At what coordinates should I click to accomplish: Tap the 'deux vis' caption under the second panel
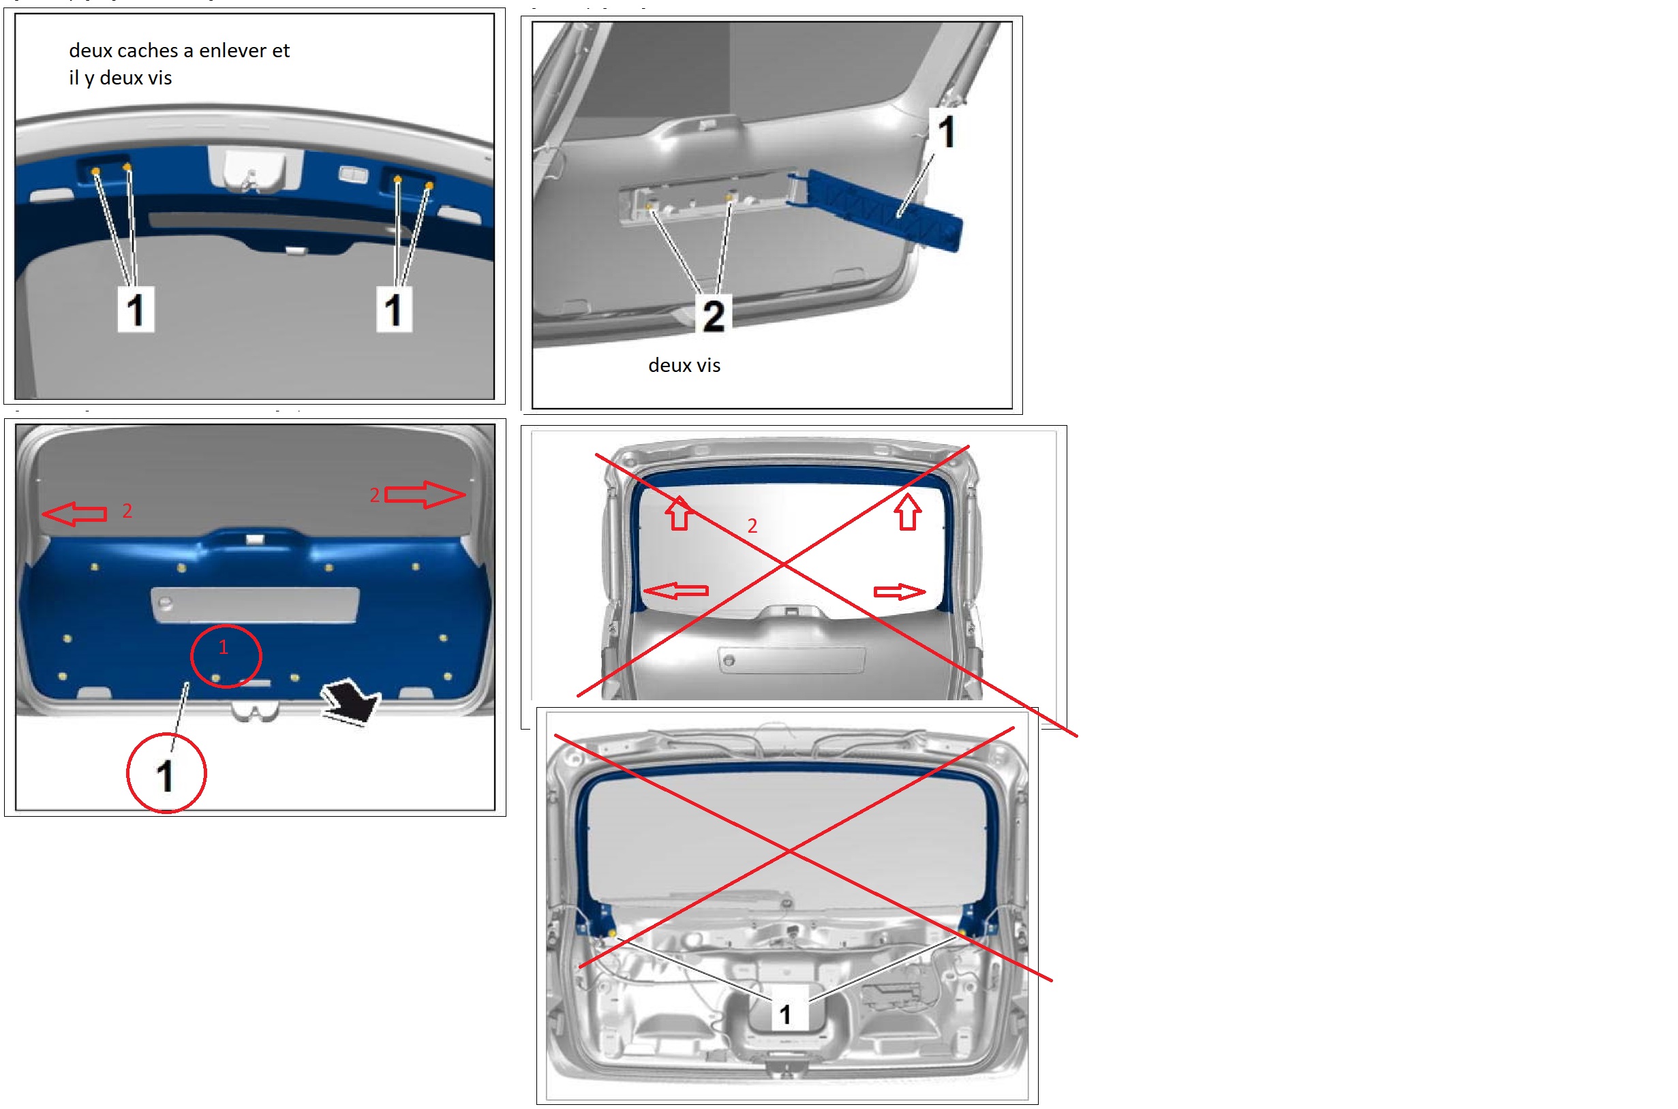[x=684, y=365]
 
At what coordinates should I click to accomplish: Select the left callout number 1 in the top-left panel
[x=136, y=309]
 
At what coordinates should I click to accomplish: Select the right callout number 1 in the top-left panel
[x=394, y=309]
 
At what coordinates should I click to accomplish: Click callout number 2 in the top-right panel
[x=714, y=315]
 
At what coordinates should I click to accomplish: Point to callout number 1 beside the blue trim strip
[x=947, y=131]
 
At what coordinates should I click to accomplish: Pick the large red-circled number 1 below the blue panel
[x=166, y=774]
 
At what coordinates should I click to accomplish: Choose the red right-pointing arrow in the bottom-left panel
[x=425, y=495]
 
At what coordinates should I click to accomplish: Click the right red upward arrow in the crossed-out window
[x=908, y=512]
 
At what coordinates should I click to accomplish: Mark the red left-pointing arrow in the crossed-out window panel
[x=675, y=591]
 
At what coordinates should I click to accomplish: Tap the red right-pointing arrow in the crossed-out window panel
[x=900, y=592]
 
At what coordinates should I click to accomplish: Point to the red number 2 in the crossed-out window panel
[x=752, y=526]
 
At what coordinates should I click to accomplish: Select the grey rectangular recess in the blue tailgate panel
[x=255, y=605]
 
